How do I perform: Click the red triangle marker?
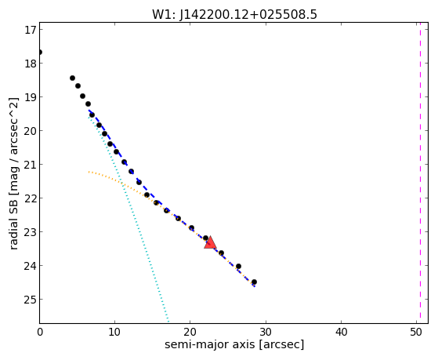coord(210,242)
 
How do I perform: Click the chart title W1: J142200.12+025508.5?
coord(234,15)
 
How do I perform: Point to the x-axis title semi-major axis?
coord(209,344)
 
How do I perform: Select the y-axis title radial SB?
coord(13,220)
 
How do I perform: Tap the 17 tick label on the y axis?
coord(31,30)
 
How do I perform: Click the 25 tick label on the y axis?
coord(31,300)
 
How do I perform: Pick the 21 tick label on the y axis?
coord(31,165)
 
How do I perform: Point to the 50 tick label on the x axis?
coord(416,332)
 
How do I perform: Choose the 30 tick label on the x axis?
coord(266,332)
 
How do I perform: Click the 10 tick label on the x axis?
coord(115,332)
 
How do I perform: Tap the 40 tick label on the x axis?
coord(341,332)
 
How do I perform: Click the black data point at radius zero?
coord(40,53)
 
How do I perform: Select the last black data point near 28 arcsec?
coord(254,282)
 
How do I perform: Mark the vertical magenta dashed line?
coord(420,173)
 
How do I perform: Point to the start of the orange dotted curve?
coord(89,172)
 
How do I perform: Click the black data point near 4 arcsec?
coord(72,78)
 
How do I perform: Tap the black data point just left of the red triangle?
coord(205,238)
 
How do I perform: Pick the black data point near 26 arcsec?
coord(238,267)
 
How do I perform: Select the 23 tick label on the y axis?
coord(31,232)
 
